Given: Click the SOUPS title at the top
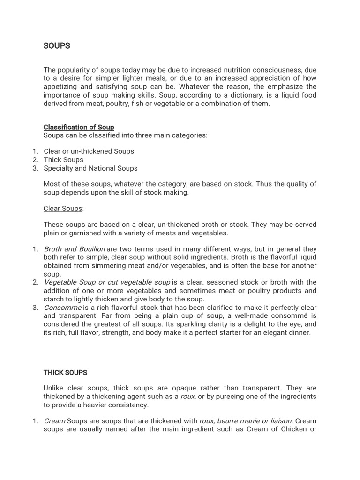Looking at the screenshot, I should [x=57, y=46].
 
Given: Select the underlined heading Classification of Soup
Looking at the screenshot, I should [x=79, y=127].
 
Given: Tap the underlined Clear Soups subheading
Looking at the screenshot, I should [x=63, y=208].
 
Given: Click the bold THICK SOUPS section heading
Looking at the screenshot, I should [x=65, y=373].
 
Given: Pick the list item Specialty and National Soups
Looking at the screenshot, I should [x=90, y=168].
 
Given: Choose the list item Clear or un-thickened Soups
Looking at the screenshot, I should [x=89, y=151].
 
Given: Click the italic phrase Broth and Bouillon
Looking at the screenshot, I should [x=74, y=249].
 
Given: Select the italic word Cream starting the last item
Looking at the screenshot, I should [x=54, y=421].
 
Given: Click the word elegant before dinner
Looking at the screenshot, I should [x=269, y=333].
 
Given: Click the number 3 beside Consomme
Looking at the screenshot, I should [x=35, y=307].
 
